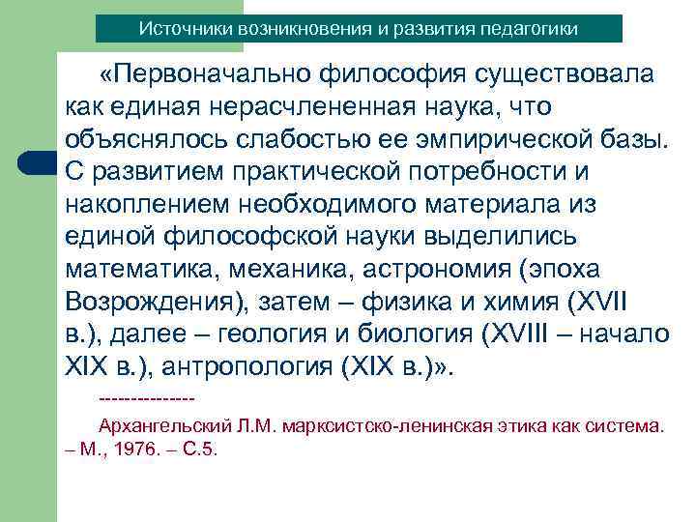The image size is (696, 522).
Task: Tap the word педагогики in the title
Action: tap(534, 29)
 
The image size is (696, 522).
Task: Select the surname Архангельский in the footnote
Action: tap(160, 424)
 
